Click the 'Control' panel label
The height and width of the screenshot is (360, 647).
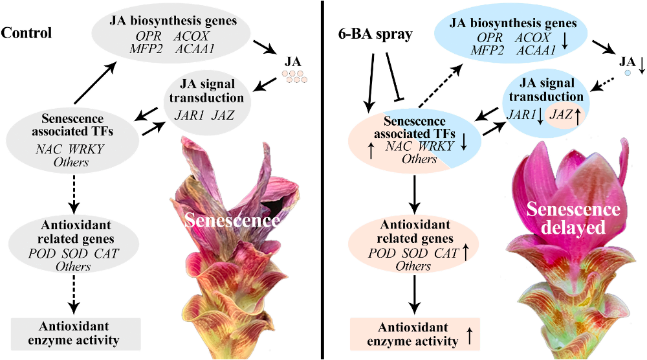(x=27, y=32)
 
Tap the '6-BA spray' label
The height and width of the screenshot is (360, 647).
(x=375, y=34)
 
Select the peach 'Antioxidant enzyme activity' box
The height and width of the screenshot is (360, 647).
(x=414, y=332)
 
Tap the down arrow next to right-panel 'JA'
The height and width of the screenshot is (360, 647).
(x=642, y=64)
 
